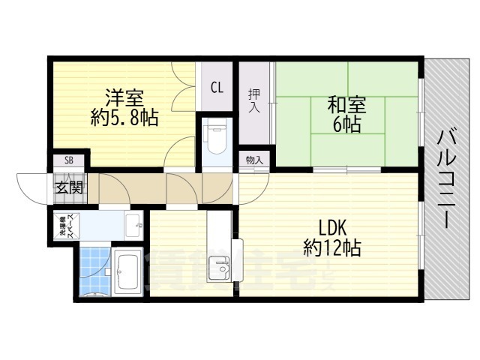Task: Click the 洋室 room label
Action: point(124,98)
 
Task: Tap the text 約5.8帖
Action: point(124,118)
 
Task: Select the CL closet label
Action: point(216,88)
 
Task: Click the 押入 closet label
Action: point(253,100)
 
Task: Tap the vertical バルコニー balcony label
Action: point(448,178)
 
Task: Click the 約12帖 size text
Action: point(331,247)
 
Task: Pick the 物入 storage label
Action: point(254,160)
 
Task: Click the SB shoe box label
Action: point(68,160)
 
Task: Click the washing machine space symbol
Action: point(63,228)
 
